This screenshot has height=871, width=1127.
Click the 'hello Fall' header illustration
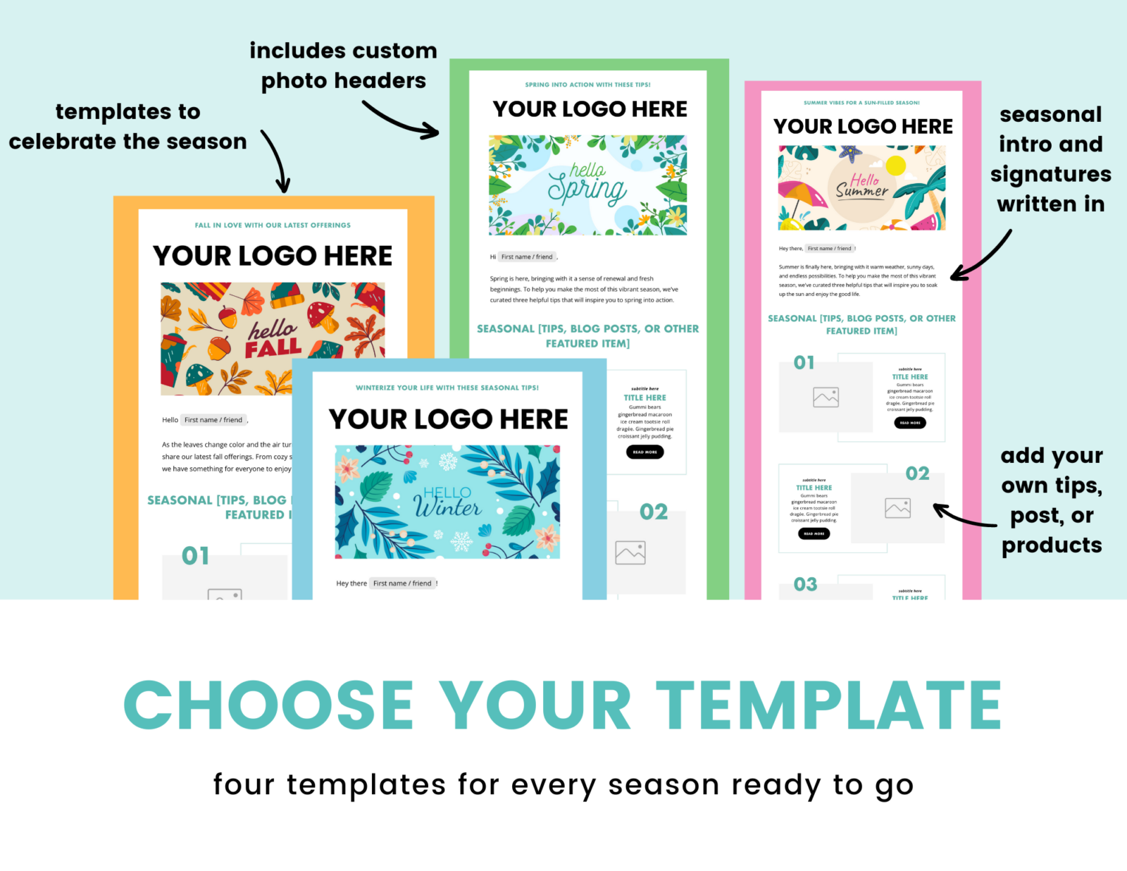click(x=273, y=338)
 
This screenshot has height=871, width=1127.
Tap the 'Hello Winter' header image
click(x=447, y=502)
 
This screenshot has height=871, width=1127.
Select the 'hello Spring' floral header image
click(x=587, y=185)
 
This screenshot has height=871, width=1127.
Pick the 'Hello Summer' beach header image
click(x=861, y=187)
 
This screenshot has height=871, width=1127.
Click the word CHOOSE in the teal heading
click(x=268, y=705)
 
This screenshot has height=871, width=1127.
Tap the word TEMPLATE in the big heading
click(x=829, y=705)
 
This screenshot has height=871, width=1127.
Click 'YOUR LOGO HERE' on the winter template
click(x=448, y=419)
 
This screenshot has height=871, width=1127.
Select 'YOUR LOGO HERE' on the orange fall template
click(x=273, y=256)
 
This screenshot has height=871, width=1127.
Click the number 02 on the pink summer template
click(x=917, y=474)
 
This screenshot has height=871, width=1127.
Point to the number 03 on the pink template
click(x=805, y=584)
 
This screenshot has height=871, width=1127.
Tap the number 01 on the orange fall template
click(x=195, y=556)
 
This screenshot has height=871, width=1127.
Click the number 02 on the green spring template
click(x=653, y=512)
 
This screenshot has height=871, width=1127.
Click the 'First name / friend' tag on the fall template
click(x=213, y=420)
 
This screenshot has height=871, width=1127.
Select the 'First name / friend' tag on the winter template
click(x=402, y=583)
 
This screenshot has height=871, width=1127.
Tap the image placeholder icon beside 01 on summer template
click(x=826, y=397)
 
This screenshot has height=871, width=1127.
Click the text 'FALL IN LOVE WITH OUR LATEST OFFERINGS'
click(x=273, y=226)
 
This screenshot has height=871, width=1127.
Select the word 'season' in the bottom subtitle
click(x=664, y=785)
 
